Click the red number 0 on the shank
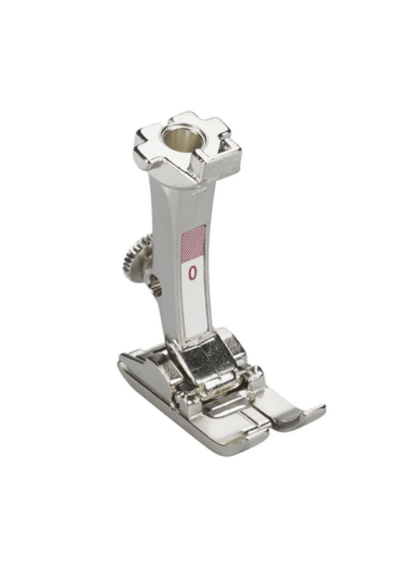click(x=193, y=273)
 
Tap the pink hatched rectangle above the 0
click(x=194, y=243)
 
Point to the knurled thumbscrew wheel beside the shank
click(x=136, y=258)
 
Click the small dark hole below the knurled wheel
click(x=156, y=284)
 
